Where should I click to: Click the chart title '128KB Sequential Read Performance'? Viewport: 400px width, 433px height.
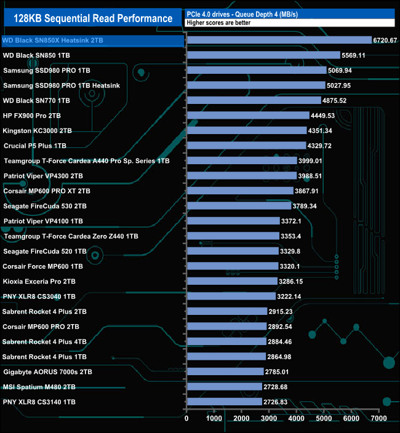[x=92, y=18]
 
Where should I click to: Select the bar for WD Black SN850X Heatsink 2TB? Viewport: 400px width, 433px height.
[x=279, y=41]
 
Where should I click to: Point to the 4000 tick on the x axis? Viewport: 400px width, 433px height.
[x=297, y=419]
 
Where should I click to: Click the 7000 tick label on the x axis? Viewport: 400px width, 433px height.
[x=378, y=419]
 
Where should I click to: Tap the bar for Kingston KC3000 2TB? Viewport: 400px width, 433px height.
[x=246, y=130]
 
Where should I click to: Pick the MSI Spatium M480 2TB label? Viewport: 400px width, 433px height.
[x=39, y=387]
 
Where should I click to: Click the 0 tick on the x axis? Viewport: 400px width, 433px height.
[x=186, y=419]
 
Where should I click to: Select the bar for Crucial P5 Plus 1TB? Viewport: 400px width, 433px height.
[x=246, y=146]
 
